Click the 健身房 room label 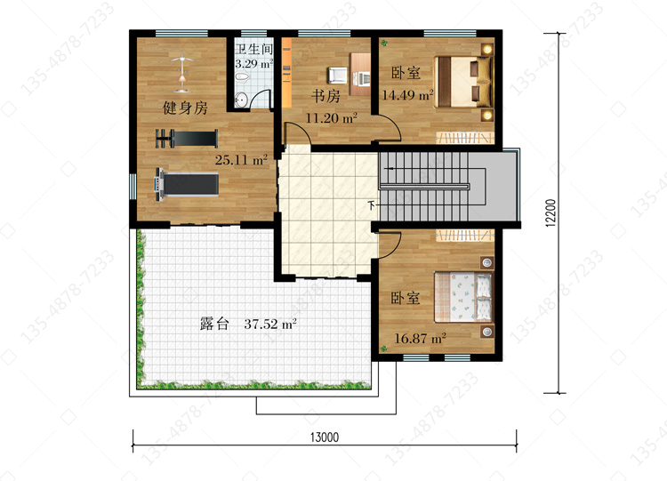tap(185, 108)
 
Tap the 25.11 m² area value tap(241, 160)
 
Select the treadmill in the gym tap(187, 185)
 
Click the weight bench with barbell tap(187, 139)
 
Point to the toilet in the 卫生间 tap(242, 77)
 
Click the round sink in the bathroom tap(241, 100)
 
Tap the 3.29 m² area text tap(254, 64)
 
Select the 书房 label tap(325, 96)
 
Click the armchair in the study tap(338, 76)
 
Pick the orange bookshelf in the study tap(286, 73)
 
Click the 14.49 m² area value tap(407, 94)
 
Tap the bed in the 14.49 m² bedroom tap(463, 82)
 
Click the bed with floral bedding tap(462, 297)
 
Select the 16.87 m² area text tap(421, 339)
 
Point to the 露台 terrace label tap(214, 324)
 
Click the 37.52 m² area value tap(270, 324)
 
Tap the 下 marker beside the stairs tap(372, 205)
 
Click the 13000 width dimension tap(325, 437)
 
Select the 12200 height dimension tap(550, 212)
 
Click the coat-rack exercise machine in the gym tap(182, 72)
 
